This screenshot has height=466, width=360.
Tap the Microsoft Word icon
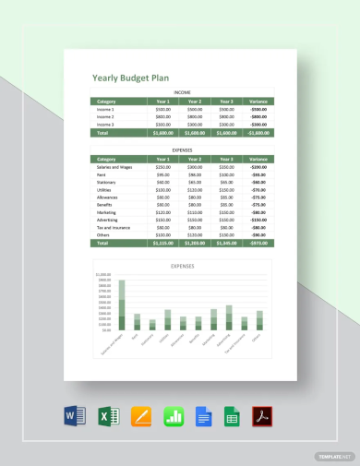point(77,416)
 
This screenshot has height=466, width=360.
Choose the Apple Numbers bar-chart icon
point(173,416)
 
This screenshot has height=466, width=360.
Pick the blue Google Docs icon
point(203,416)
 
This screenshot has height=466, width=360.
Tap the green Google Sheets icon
point(233,416)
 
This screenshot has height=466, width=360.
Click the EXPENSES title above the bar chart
point(183,265)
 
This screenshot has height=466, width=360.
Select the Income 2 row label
point(104,117)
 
